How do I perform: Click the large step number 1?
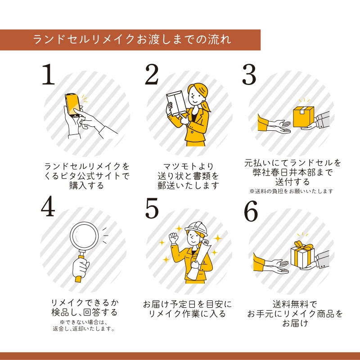point(48,74)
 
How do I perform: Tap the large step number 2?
point(152,74)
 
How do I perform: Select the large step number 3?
point(249,74)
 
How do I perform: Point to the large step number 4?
point(48,206)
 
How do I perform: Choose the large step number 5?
point(152,208)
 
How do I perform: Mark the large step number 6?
point(251,210)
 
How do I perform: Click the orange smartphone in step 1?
point(73,105)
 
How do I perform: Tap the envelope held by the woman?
point(176,103)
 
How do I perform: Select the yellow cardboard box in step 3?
point(303,117)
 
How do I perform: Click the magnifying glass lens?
point(84,236)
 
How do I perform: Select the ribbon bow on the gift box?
point(304,246)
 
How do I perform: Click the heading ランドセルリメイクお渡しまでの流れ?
point(132,39)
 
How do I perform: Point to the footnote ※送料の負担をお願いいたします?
point(291,191)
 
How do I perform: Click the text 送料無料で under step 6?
point(295,304)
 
